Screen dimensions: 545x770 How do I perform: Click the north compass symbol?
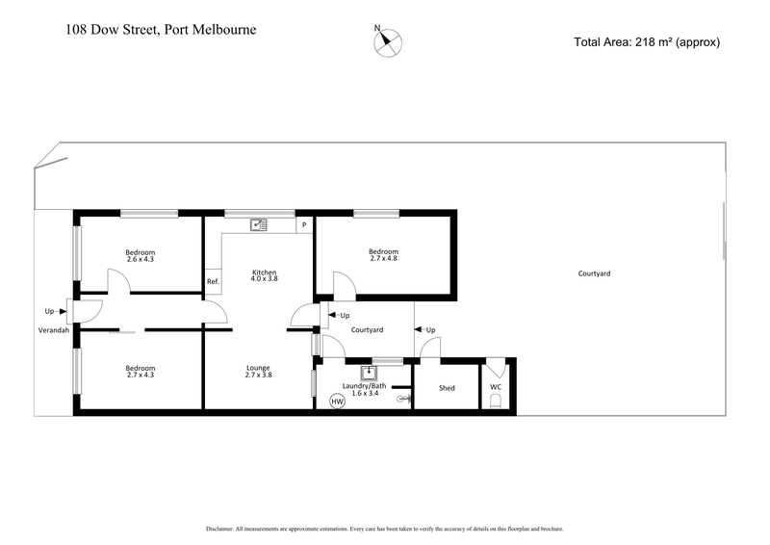[388, 40]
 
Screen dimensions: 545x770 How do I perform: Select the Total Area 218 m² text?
[646, 41]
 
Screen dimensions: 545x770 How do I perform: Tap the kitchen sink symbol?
[258, 224]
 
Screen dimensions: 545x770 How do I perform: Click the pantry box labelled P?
[304, 225]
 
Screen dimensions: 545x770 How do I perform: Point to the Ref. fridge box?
[213, 281]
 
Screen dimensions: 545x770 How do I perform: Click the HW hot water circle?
[337, 401]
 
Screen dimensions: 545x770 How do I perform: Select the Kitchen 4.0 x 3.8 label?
[264, 277]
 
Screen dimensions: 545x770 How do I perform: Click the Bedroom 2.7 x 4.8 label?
[382, 255]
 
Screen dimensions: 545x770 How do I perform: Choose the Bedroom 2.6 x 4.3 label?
[140, 255]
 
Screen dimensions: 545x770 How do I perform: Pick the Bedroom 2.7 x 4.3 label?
[140, 373]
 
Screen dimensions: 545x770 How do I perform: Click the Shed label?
[447, 388]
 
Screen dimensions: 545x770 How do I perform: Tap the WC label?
[496, 387]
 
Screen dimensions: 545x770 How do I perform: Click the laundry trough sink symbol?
[368, 372]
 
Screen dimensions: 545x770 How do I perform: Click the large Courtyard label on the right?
[594, 273]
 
